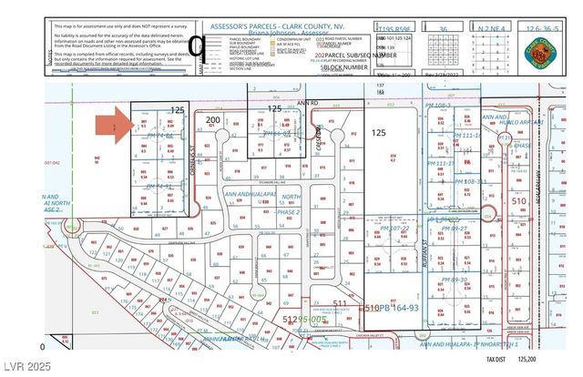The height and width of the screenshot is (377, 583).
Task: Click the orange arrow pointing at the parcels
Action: point(115,126)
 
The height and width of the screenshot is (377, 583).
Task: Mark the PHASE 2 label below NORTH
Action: point(290,212)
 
